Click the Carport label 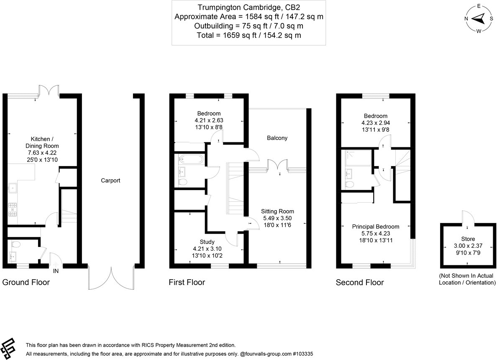click(x=110, y=180)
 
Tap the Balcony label click(x=277, y=138)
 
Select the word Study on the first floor click(x=207, y=242)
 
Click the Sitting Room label click(x=277, y=211)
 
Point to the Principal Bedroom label click(x=376, y=226)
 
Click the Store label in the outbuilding click(x=468, y=239)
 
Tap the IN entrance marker click(x=56, y=271)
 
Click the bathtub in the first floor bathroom click(x=191, y=159)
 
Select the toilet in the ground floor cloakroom click(x=16, y=244)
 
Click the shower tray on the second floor click(x=358, y=158)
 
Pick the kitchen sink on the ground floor click(x=13, y=188)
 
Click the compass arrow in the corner click(x=479, y=18)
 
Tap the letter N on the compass click(x=466, y=18)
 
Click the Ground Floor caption click(x=26, y=282)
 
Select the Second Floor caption click(x=360, y=283)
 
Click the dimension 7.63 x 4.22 click(x=42, y=153)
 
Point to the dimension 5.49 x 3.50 click(x=277, y=218)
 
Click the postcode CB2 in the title click(x=292, y=8)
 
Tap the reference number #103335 click(x=303, y=354)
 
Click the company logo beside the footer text click(x=8, y=349)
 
